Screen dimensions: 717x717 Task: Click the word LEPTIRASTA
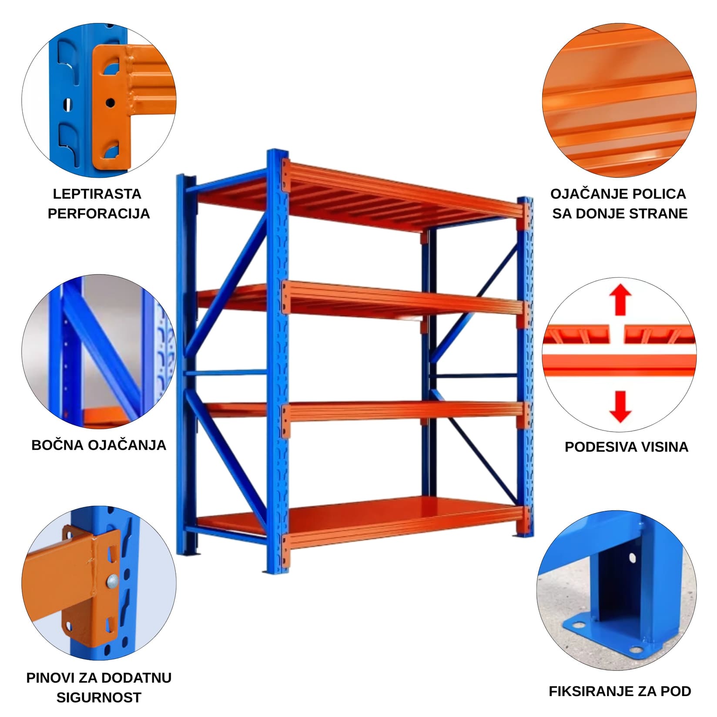point(97,194)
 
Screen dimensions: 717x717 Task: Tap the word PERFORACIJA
point(99,214)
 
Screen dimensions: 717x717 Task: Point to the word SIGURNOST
point(99,697)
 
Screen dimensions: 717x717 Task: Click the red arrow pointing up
point(620,300)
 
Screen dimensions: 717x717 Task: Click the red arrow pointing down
point(620,406)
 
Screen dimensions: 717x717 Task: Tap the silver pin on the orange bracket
point(112,581)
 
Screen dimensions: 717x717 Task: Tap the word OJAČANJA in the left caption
point(127,445)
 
